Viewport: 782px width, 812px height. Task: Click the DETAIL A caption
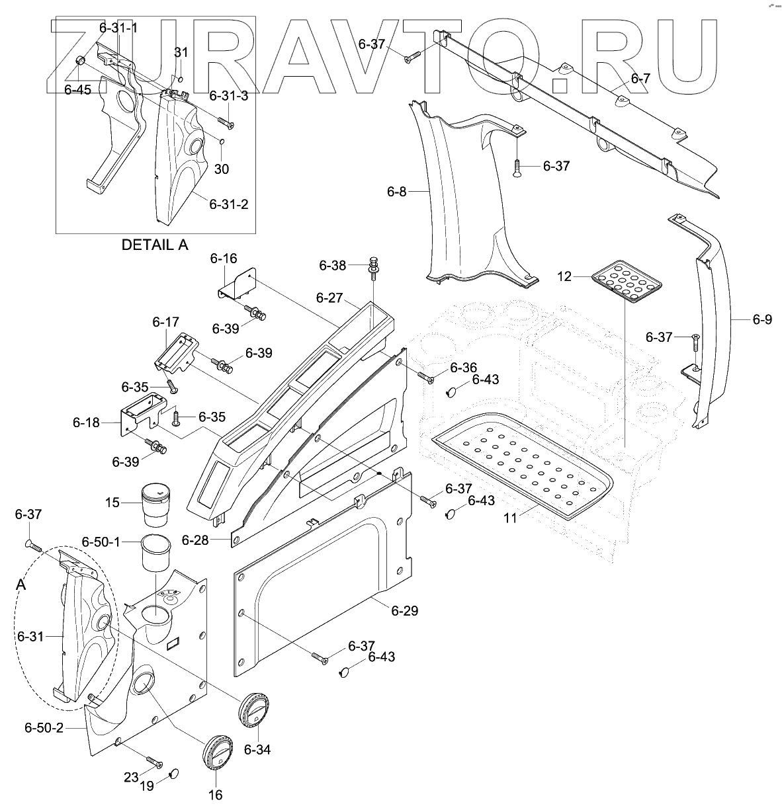pos(155,245)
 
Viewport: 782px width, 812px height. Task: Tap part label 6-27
pos(329,298)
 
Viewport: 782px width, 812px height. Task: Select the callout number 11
pos(510,519)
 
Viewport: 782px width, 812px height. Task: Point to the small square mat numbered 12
pos(627,282)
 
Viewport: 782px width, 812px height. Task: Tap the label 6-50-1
pos(101,542)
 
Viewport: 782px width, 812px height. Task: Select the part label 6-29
pos(405,610)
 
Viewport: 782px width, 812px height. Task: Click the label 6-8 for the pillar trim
pos(396,192)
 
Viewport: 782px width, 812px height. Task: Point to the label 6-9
pos(762,319)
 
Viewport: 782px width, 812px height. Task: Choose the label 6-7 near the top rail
pos(640,79)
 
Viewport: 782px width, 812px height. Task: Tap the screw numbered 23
pos(154,763)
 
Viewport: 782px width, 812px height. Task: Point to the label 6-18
pos(86,422)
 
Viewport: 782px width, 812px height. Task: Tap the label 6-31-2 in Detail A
pos(228,204)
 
